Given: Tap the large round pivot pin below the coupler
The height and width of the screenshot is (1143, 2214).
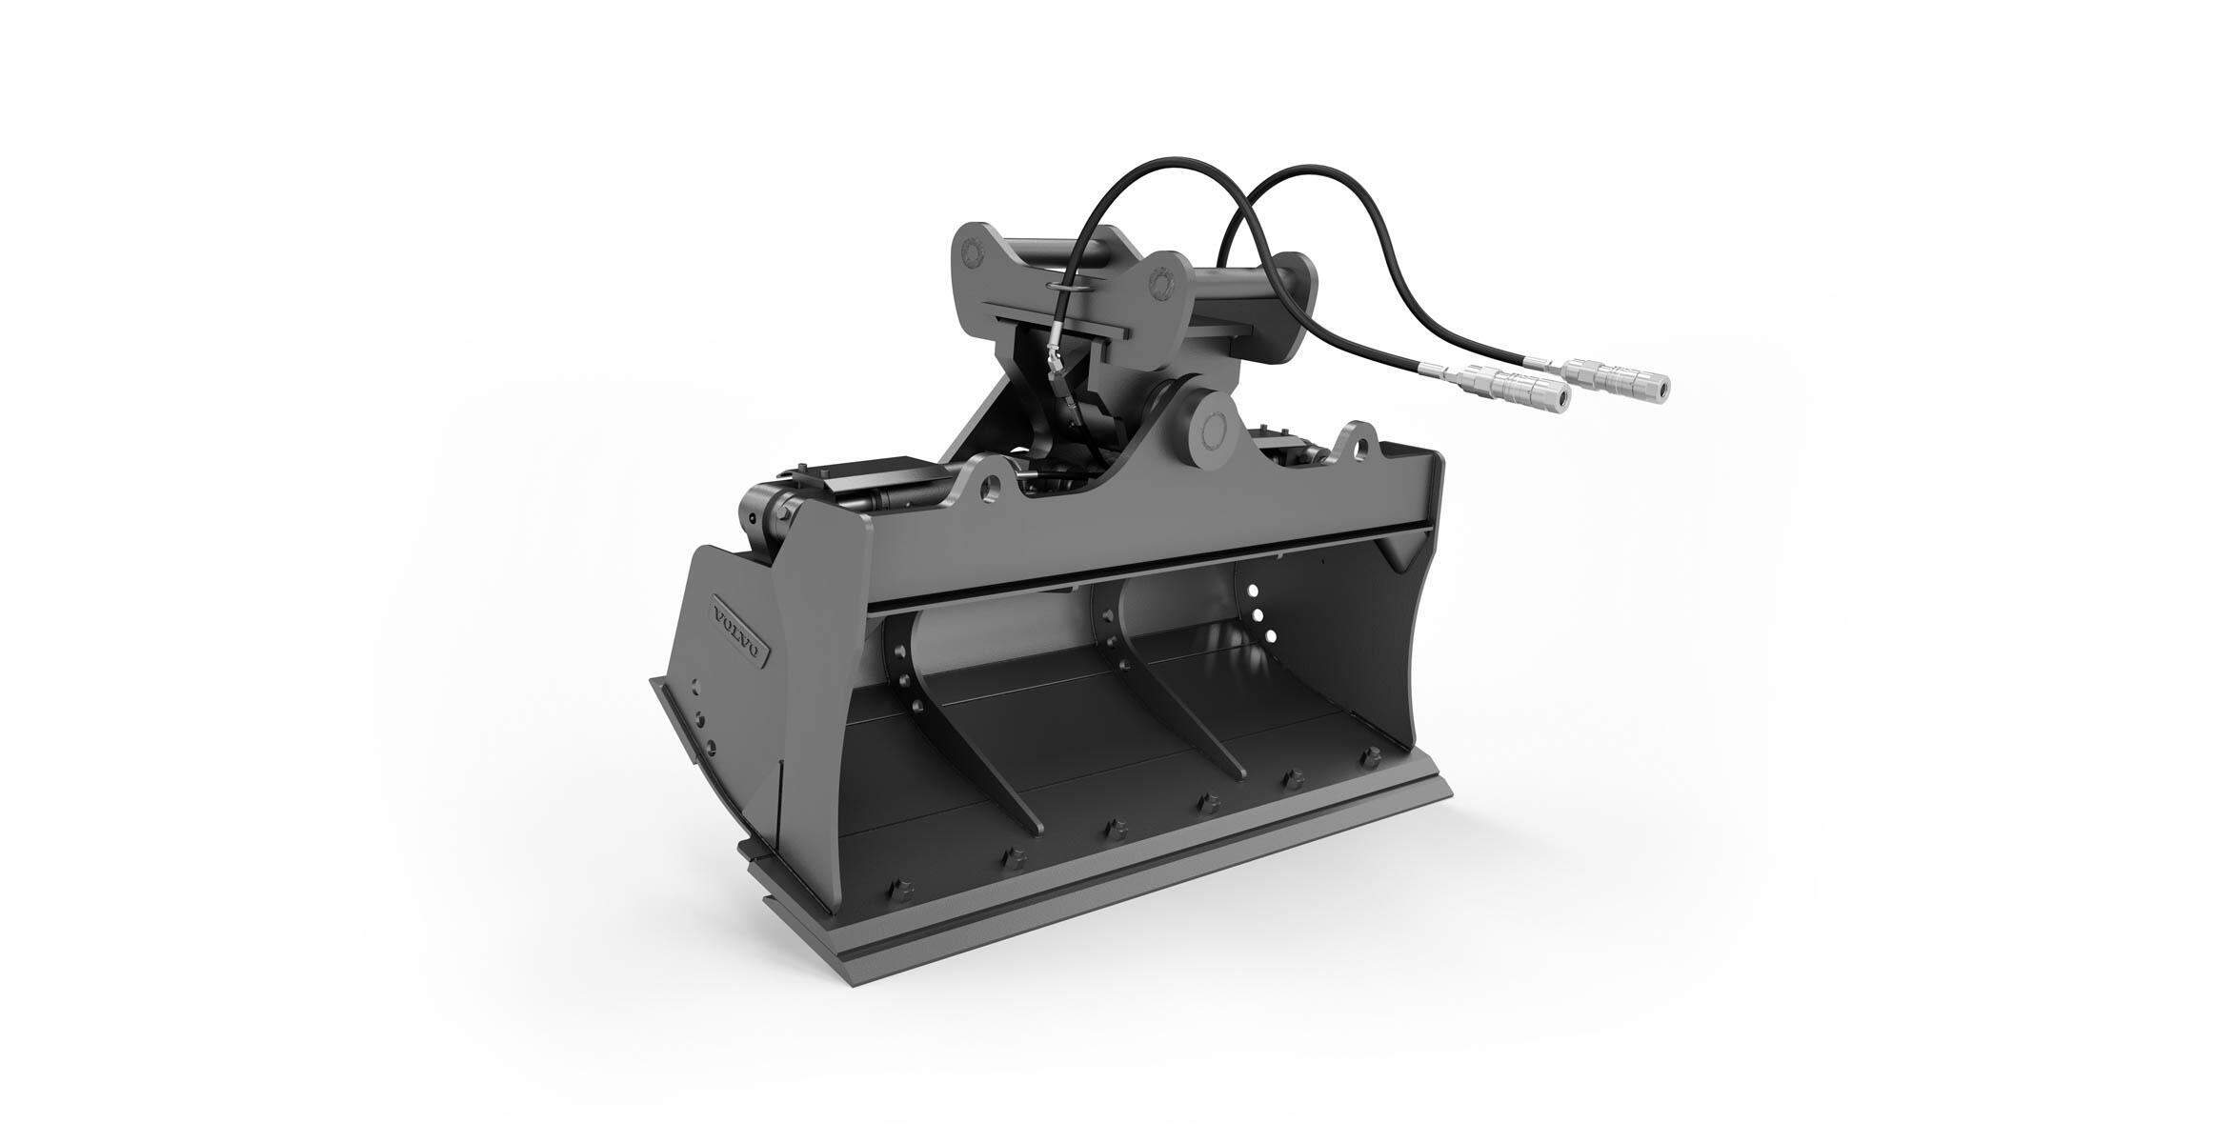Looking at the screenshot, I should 1214,430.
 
